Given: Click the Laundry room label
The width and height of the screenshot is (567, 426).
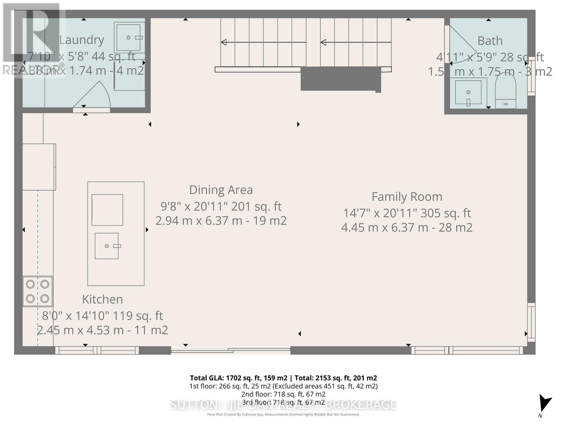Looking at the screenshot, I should tap(82, 40).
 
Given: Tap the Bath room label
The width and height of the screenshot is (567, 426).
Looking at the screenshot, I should tap(490, 41).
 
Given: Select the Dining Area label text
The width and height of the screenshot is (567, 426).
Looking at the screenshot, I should tap(221, 190).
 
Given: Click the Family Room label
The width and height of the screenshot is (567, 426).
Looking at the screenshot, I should tap(406, 197).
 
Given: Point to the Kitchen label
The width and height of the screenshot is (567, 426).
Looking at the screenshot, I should tap(102, 299).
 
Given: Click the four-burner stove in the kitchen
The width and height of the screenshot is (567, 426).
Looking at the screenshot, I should tap(38, 291).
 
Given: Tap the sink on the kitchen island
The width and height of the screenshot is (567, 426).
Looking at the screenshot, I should tap(107, 246).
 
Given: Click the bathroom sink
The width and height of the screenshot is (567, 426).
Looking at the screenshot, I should tap(468, 92).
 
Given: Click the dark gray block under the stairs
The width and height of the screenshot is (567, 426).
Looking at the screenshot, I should tap(341, 78).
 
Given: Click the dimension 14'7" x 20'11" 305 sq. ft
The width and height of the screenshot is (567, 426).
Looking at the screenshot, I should tap(406, 213).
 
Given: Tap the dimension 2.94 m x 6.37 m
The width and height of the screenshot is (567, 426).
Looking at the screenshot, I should tap(221, 221).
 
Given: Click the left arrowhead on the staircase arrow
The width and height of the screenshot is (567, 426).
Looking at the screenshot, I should tap(224, 42).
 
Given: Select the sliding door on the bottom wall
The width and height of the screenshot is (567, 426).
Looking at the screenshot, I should tap(231, 351).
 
